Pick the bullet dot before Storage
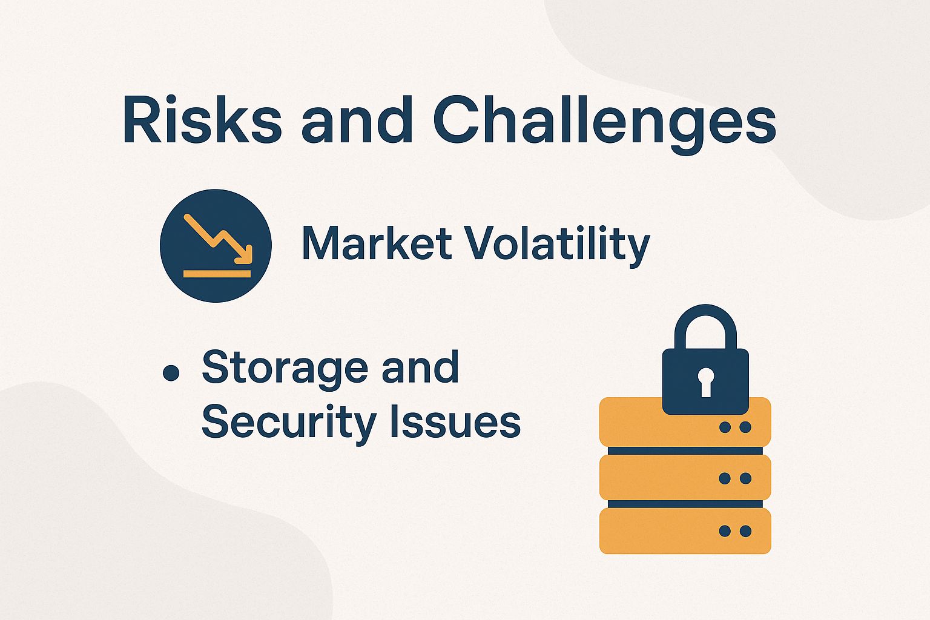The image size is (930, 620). click(x=171, y=374)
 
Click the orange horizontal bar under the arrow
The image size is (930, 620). click(x=217, y=274)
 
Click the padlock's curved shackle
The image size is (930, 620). click(x=705, y=321)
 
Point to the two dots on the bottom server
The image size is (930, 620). click(x=735, y=531)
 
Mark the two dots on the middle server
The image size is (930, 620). click(x=735, y=478)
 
